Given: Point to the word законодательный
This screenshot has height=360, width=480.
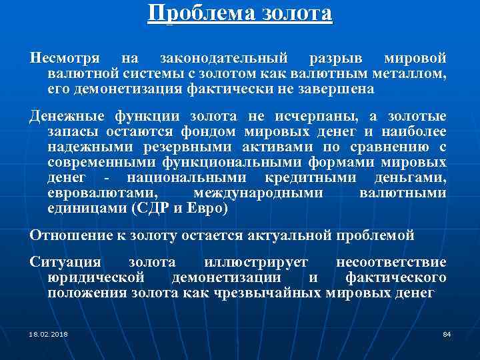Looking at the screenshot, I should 223,59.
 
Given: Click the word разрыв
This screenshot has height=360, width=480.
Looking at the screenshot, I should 337,59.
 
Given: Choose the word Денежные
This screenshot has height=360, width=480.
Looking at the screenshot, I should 67,117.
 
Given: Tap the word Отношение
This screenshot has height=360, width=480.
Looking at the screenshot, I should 69,235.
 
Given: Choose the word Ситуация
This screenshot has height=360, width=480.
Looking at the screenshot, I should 65,263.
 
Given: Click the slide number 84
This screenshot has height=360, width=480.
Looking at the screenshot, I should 447,333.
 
